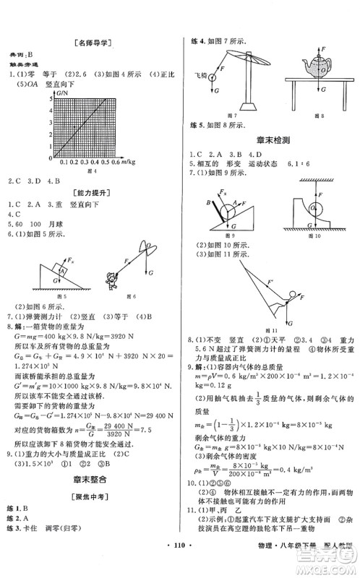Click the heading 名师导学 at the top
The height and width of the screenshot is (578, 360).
(x=90, y=43)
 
